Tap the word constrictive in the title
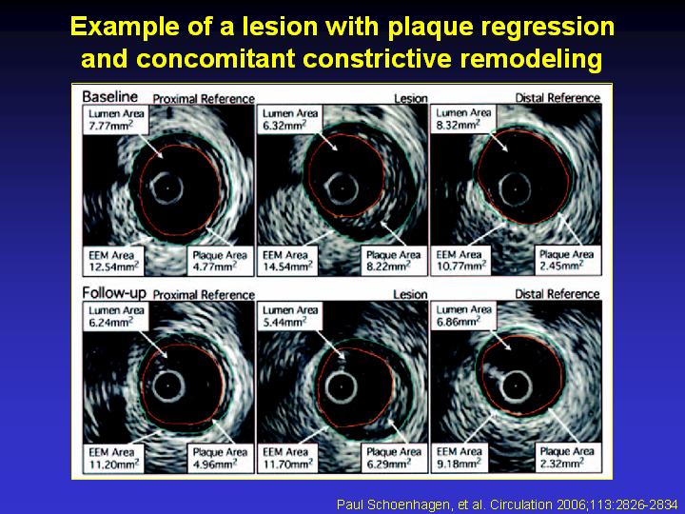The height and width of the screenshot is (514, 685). tap(378, 58)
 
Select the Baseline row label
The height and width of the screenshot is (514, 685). tap(109, 96)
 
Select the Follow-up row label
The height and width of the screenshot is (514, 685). tap(114, 293)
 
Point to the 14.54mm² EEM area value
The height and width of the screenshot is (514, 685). tap(287, 267)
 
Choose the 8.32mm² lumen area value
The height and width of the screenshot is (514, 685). tap(459, 125)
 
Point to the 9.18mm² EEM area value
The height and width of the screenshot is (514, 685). tap(460, 464)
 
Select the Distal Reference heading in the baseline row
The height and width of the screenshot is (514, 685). tap(558, 98)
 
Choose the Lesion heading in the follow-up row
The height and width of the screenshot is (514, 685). tap(410, 294)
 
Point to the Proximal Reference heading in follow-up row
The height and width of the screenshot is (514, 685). tap(204, 295)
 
